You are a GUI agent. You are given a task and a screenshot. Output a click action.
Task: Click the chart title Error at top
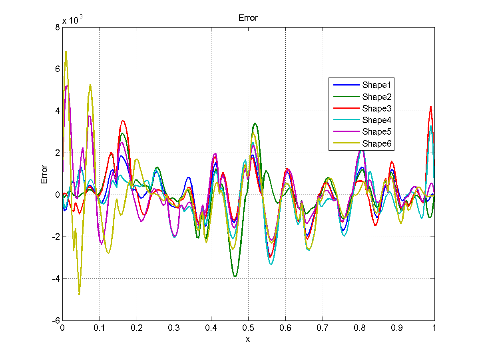point(248,18)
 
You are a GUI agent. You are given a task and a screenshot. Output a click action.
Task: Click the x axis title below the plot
point(248,339)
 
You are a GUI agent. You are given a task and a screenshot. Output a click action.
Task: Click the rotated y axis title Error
point(44,174)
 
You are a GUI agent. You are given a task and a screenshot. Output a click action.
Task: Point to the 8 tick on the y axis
point(58,27)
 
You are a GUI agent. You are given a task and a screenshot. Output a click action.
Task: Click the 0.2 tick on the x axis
point(137,328)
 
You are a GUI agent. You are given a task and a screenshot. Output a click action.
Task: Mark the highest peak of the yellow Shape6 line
point(66,52)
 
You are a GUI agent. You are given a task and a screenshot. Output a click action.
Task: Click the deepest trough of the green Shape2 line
point(235,276)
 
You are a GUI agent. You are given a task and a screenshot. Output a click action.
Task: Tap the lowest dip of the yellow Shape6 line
point(79,294)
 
